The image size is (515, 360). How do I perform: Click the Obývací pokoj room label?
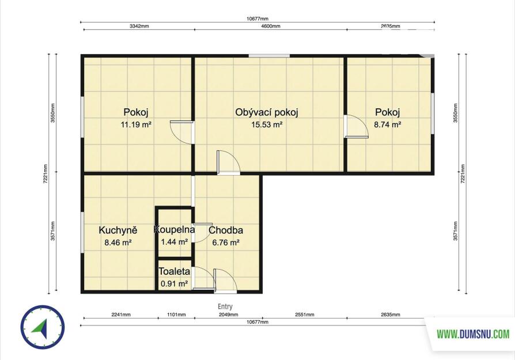(266, 113)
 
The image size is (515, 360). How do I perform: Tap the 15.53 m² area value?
(267, 124)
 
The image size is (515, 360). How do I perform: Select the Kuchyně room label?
(118, 230)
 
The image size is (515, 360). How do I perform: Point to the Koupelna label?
(174, 229)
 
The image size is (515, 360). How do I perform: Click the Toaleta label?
(174, 271)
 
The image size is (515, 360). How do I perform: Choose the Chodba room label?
(226, 230)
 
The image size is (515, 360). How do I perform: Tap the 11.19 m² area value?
(136, 124)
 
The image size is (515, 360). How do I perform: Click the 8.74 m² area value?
(388, 124)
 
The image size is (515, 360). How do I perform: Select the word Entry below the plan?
(225, 306)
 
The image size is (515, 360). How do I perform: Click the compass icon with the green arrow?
(43, 327)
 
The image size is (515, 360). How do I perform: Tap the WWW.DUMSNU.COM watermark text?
(473, 334)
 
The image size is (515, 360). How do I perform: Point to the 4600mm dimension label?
(271, 26)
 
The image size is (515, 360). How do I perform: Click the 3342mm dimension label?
(139, 26)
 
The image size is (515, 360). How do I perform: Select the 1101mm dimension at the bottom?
(176, 314)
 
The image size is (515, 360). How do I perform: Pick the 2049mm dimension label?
(229, 314)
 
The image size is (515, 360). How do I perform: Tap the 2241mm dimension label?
(121, 314)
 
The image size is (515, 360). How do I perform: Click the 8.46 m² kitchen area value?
(118, 242)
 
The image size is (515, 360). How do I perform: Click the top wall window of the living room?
(269, 56)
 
